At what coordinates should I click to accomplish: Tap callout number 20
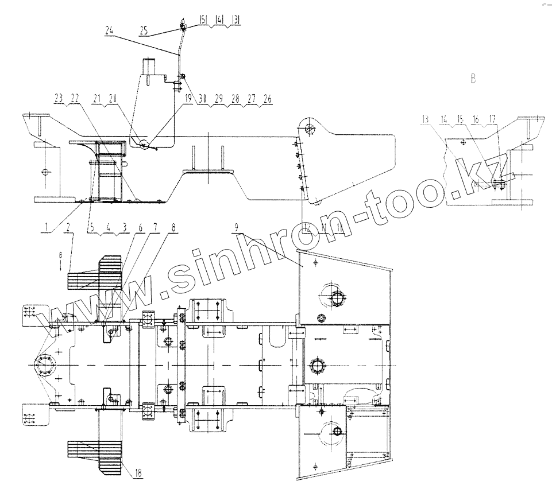pos(113,99)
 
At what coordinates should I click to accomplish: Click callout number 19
pos(188,99)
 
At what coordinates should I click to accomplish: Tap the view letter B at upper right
pos(473,79)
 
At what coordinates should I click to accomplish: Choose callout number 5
pos(91,227)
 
